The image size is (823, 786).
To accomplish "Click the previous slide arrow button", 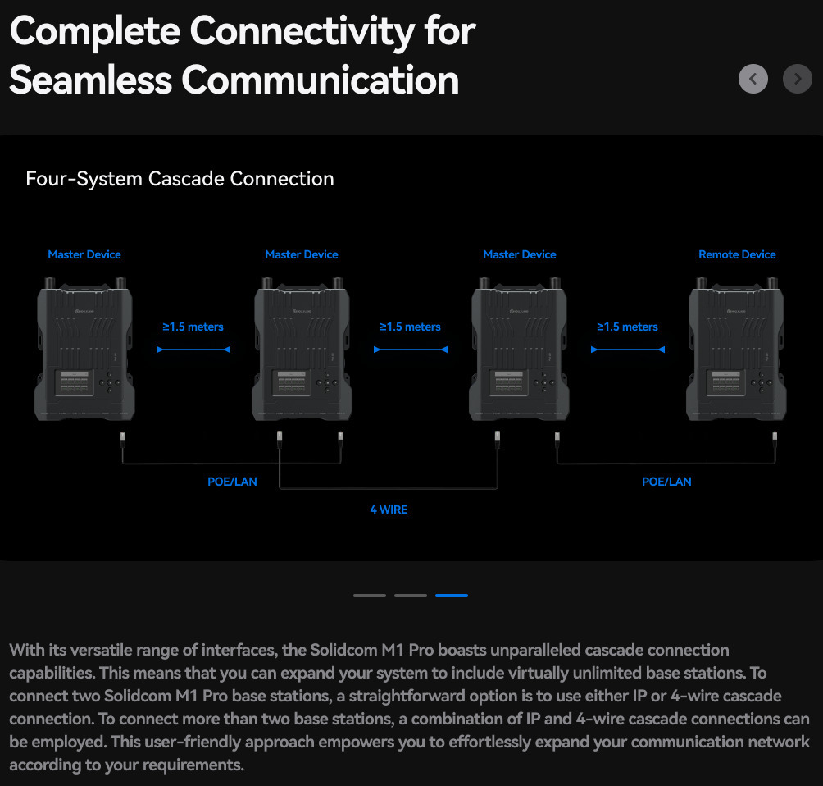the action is tap(753, 79).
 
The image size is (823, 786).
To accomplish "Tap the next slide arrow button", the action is tap(798, 79).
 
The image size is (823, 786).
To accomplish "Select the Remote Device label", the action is tap(737, 254).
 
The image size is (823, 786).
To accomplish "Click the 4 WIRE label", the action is tap(389, 510).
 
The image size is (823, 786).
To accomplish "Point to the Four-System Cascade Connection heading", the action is tap(180, 179).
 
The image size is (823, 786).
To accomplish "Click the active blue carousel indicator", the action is tap(452, 596).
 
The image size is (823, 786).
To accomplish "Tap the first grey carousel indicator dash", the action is tap(370, 596).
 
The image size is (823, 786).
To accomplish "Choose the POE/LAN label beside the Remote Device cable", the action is tap(666, 482).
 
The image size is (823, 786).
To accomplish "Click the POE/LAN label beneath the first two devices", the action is tap(232, 482).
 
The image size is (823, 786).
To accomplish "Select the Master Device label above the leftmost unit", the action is tap(84, 254).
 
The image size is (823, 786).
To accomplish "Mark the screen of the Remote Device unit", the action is tap(726, 382).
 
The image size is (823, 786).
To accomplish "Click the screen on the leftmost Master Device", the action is tap(75, 382).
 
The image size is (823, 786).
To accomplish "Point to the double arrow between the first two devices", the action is tap(193, 350).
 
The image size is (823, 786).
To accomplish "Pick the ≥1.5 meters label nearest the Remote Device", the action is tap(627, 327).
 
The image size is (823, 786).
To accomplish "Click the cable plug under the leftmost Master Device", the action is tap(123, 438).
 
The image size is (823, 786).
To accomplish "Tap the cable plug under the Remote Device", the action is tap(775, 438).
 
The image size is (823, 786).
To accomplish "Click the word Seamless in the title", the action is tap(91, 80).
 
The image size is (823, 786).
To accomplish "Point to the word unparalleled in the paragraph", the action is tap(530, 650).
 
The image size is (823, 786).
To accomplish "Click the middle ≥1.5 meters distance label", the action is tap(410, 327).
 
